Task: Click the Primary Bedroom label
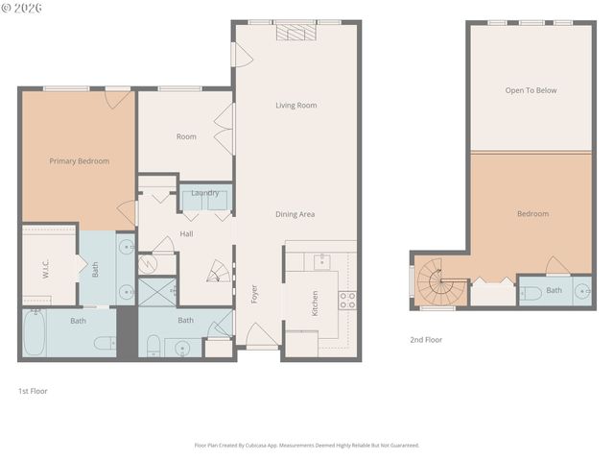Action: [x=79, y=161]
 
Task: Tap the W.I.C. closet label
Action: [x=45, y=272]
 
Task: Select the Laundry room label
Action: [x=204, y=193]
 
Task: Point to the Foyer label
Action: [x=254, y=294]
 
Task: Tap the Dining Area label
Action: [x=295, y=214]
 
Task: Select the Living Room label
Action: [x=295, y=106]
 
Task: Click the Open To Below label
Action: [x=531, y=90]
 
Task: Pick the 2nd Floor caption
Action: [x=427, y=339]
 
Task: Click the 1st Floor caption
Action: [x=33, y=391]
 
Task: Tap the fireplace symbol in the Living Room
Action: [x=295, y=33]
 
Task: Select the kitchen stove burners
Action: [x=347, y=300]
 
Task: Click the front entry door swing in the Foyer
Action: [x=262, y=336]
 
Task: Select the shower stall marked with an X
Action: [x=156, y=292]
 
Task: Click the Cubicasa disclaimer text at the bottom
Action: [x=306, y=446]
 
